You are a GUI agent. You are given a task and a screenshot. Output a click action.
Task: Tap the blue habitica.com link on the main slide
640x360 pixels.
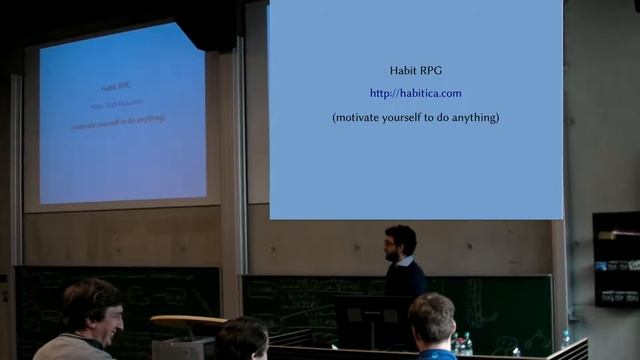(x=415, y=94)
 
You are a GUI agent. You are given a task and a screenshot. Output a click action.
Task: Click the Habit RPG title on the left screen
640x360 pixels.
(x=116, y=88)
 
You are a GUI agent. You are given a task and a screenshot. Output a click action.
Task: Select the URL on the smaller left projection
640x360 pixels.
(x=117, y=103)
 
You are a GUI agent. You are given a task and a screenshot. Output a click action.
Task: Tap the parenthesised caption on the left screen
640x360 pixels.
(x=118, y=119)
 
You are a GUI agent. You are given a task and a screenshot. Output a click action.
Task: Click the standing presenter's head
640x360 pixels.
(x=400, y=242)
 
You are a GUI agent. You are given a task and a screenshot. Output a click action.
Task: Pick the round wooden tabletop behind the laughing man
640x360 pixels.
(x=187, y=323)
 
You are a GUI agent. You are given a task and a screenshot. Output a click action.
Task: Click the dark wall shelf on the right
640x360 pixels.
(x=615, y=258)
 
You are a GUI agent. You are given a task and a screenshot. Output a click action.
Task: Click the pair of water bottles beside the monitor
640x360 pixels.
(x=461, y=344)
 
